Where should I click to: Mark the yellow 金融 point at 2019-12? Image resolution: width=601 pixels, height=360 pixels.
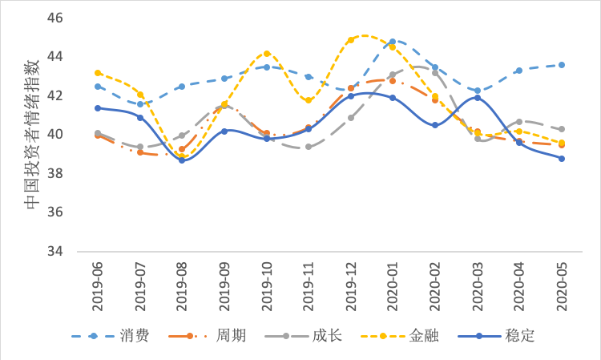click(351, 39)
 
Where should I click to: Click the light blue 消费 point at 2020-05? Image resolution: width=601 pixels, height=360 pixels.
click(562, 65)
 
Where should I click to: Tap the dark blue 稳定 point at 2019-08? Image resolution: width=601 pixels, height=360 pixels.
click(182, 160)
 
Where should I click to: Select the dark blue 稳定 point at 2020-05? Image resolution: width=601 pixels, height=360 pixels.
click(562, 159)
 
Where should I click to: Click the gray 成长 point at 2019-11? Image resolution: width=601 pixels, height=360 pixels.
click(309, 147)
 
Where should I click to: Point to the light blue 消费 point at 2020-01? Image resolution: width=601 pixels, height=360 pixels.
click(393, 42)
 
